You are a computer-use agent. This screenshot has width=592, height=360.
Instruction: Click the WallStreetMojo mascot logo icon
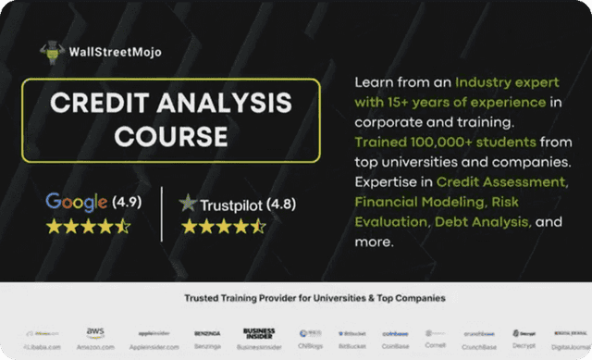53,52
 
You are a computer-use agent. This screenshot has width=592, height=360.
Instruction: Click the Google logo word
78,202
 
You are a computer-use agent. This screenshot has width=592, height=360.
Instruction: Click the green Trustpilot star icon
189,203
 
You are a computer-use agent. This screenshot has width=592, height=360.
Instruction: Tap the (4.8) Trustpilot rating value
283,203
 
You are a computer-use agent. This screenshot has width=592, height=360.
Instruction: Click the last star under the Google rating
124,227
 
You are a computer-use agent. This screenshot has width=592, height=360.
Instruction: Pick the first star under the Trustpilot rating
189,227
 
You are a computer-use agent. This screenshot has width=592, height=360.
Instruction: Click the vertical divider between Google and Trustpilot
162,213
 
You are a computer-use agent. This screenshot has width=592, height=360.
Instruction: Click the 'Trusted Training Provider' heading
314,298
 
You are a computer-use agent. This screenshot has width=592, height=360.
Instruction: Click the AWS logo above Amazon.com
95,332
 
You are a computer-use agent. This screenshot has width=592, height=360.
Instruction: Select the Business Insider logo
259,333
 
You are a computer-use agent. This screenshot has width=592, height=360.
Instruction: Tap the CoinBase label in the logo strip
395,348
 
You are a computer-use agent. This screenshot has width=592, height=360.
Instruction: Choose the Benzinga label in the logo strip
207,348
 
